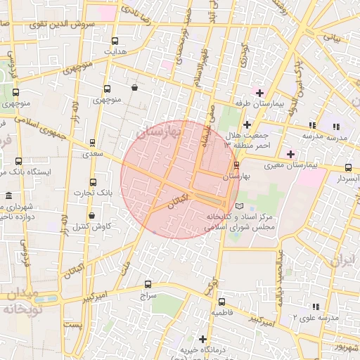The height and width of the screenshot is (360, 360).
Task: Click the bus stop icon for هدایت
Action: point(115,41)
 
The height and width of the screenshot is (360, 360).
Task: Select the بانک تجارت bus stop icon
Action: point(84,181)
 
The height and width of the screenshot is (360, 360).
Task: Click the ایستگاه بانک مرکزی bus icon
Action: point(18,161)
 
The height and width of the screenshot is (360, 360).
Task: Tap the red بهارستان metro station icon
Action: point(236,166)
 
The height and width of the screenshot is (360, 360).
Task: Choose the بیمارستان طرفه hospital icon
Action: point(259,93)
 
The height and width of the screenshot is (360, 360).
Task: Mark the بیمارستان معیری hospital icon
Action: point(290,153)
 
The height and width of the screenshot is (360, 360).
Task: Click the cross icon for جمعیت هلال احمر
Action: point(247,125)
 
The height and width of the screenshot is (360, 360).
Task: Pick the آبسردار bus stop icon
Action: point(349,167)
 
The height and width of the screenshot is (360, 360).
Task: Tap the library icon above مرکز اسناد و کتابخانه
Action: point(241,206)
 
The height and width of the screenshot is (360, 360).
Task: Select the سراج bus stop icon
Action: point(147,284)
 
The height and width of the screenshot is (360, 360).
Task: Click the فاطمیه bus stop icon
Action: point(222,300)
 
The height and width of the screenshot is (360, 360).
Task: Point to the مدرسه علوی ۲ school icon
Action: point(315,307)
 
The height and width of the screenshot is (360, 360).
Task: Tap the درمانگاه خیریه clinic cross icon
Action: point(203,338)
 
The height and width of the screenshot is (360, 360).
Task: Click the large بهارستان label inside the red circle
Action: point(159,132)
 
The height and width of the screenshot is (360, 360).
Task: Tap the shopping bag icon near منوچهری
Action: point(134,89)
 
